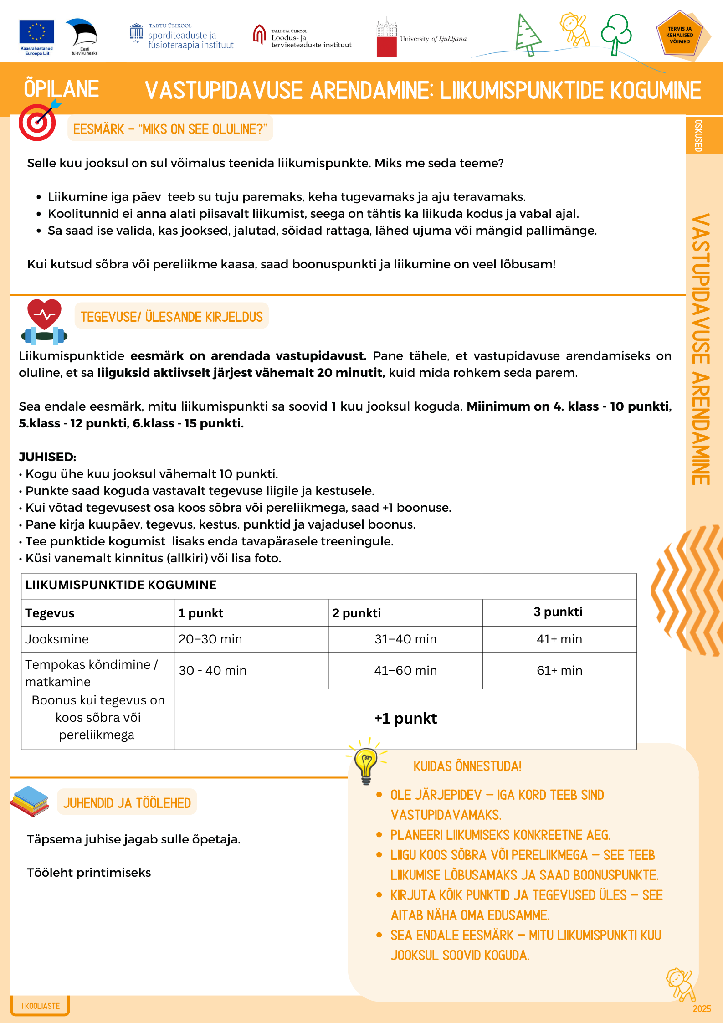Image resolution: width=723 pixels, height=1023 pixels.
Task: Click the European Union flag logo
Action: click(x=36, y=33)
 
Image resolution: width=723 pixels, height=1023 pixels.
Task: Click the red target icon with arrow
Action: click(x=38, y=122)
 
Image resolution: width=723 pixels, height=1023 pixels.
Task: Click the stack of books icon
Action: click(x=30, y=801)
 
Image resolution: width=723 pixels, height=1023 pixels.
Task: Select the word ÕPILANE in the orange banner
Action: click(x=62, y=89)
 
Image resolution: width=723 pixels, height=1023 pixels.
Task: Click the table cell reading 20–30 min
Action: click(x=210, y=639)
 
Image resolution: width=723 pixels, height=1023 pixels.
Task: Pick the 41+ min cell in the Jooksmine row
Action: click(x=559, y=639)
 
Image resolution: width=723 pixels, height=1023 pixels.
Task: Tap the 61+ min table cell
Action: click(x=559, y=670)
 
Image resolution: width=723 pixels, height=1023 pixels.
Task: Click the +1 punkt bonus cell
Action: click(x=405, y=719)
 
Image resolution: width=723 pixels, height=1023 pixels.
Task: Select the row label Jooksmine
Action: click(x=57, y=639)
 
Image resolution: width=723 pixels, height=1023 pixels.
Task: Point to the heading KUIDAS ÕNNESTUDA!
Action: click(x=467, y=766)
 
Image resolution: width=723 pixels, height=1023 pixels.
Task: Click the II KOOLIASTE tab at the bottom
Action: click(x=40, y=1006)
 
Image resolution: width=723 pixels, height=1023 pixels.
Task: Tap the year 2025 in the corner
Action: click(x=702, y=1009)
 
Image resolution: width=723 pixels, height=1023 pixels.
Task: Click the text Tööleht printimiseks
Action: click(x=89, y=873)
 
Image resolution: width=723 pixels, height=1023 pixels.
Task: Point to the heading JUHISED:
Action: click(x=47, y=457)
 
